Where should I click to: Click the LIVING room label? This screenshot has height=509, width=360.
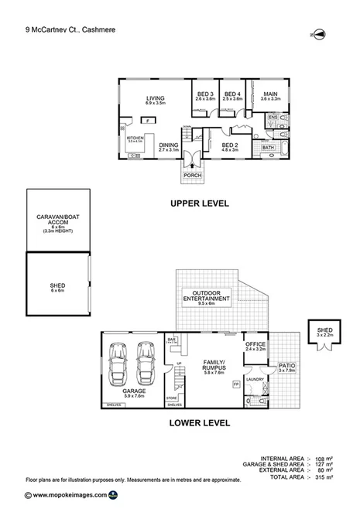pyautogui.click(x=156, y=98)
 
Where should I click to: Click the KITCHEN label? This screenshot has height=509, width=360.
pyautogui.click(x=135, y=138)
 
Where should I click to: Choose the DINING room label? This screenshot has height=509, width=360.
pyautogui.click(x=169, y=144)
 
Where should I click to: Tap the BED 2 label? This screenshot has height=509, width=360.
pyautogui.click(x=229, y=144)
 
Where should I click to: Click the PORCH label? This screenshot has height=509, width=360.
pyautogui.click(x=191, y=176)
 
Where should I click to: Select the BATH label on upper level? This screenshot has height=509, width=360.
pyautogui.click(x=268, y=147)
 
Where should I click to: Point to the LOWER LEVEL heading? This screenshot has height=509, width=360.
pyautogui.click(x=199, y=422)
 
